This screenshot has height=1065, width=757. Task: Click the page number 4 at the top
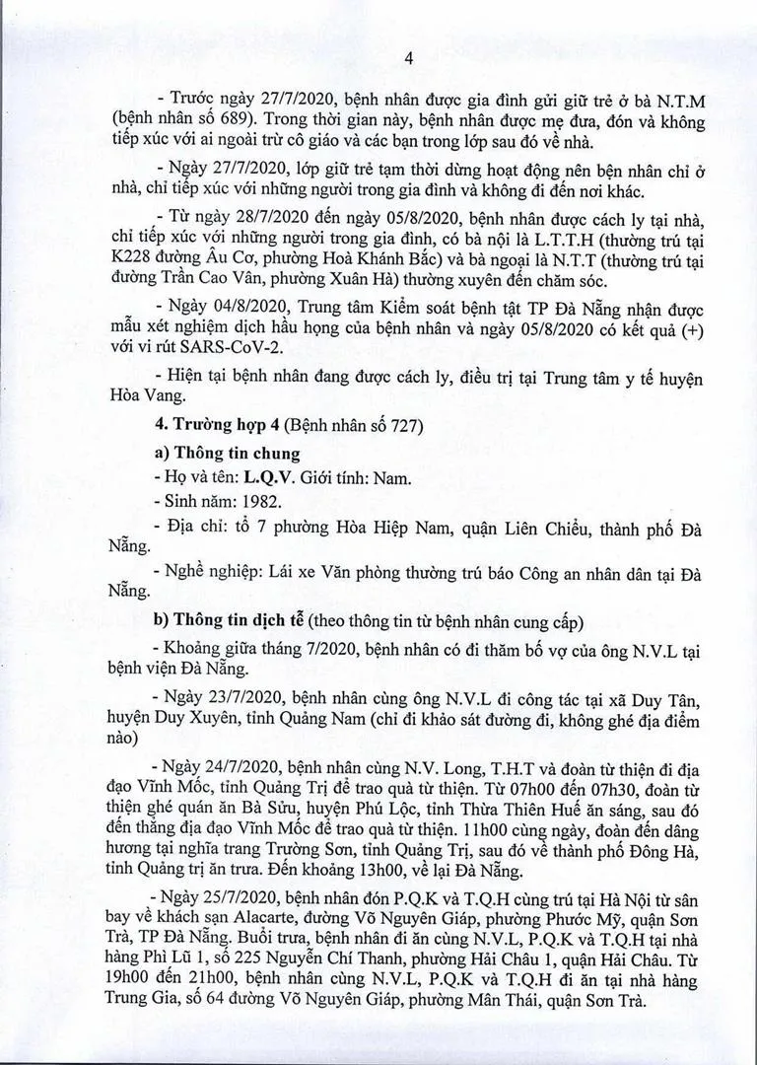click(x=379, y=58)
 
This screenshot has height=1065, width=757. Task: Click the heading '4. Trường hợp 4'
click(x=213, y=432)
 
